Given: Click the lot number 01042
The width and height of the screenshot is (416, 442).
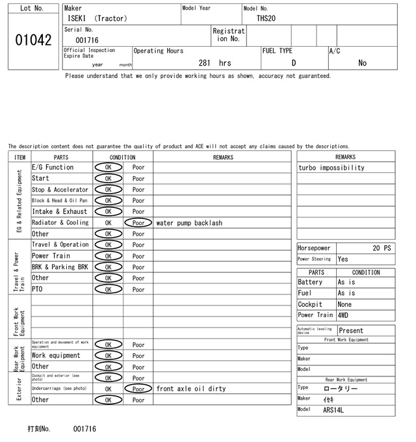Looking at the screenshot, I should coord(32,40).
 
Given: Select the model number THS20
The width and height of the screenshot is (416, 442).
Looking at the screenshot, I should coord(266,18).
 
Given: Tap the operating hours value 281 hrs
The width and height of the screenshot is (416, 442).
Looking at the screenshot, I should coord(215,63).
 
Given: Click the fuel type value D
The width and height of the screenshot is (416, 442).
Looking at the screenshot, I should coord(294,63).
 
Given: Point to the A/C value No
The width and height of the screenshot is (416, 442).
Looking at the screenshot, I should coord(362,63).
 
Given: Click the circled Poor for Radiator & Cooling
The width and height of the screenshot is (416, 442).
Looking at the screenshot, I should coord(138,222).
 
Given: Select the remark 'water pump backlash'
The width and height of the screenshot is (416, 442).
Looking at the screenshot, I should coord(189,223).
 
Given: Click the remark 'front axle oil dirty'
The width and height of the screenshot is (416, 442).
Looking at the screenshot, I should coord(190,389).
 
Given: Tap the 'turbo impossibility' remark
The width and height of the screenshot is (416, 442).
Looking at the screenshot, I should coord(331,168).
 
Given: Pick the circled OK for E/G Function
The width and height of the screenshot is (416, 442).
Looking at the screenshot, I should coord(108,167).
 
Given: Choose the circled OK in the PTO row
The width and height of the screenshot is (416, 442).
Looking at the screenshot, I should coord(108,289).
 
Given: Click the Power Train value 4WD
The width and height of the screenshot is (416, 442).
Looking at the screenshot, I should coord(343,315).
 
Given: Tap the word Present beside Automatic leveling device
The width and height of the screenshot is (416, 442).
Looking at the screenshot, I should coord(352,331).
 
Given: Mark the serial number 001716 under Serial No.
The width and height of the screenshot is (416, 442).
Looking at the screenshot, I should coord(87,40).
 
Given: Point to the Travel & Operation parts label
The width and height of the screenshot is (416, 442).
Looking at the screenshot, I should coord(60,244).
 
